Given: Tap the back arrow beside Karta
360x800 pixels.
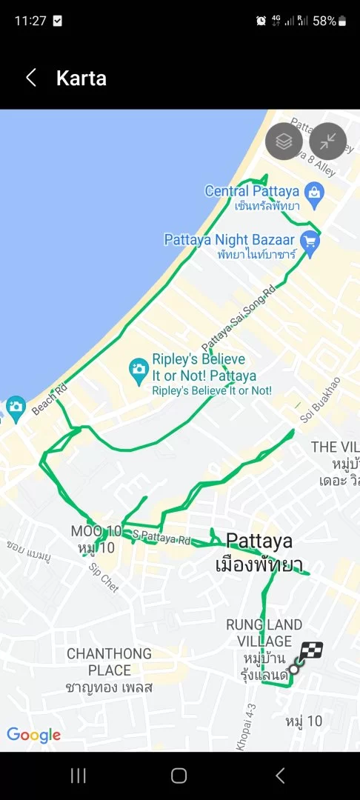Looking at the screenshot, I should point(31,78).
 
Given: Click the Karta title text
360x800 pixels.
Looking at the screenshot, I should point(81,79).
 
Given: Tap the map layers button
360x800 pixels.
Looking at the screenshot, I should point(284,141).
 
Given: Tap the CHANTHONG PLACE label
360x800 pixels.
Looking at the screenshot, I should point(109,661).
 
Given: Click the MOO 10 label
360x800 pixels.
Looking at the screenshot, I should point(96,531).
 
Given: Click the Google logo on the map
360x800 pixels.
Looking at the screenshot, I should point(34,736).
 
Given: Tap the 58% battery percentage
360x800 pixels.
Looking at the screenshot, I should point(324,21).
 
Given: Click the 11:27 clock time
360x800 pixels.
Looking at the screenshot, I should point(30,21).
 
